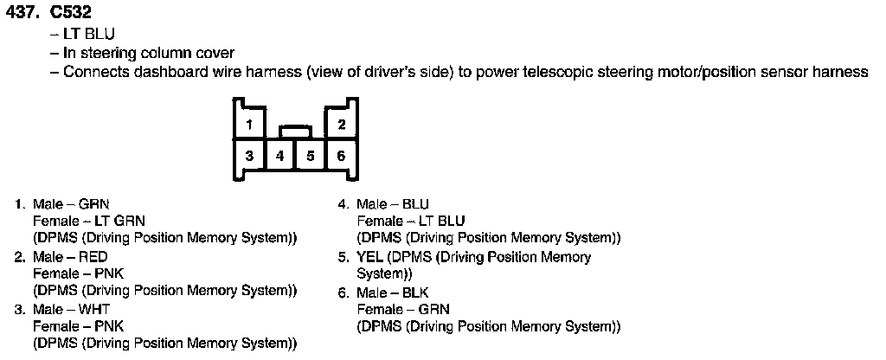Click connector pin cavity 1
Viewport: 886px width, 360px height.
click(x=249, y=125)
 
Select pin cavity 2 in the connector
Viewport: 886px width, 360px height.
click(x=342, y=125)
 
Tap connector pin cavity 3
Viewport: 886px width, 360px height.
click(x=249, y=156)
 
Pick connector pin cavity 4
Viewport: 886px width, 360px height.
click(x=279, y=156)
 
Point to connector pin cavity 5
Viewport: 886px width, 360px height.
click(x=310, y=156)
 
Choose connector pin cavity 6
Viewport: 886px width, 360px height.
click(x=342, y=156)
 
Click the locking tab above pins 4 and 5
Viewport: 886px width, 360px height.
click(x=295, y=131)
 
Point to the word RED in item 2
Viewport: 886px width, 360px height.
click(x=93, y=257)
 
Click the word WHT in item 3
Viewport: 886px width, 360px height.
click(x=94, y=309)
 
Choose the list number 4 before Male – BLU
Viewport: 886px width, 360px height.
click(x=343, y=204)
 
